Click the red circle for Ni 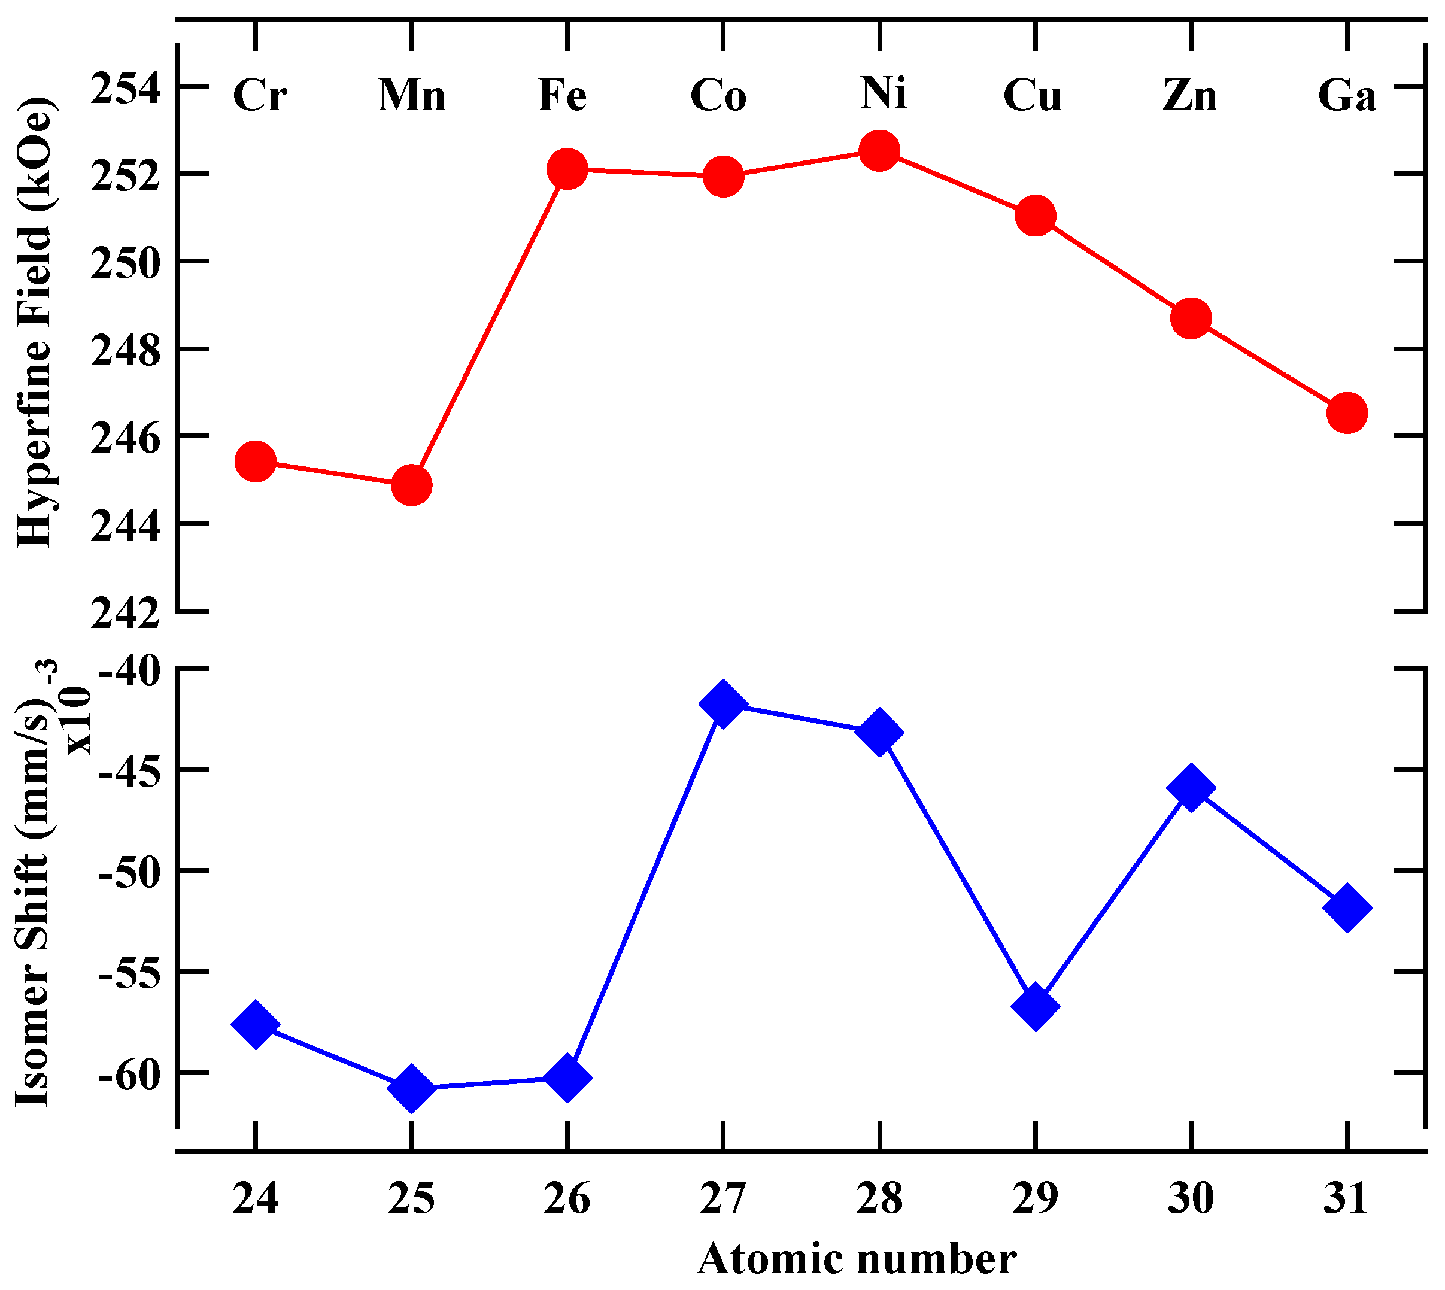pyautogui.click(x=879, y=150)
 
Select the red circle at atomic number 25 pyautogui.click(x=411, y=485)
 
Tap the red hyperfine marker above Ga pyautogui.click(x=1346, y=413)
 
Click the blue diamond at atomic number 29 pyautogui.click(x=1036, y=1006)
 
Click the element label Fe pyautogui.click(x=562, y=95)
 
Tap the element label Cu pyautogui.click(x=1032, y=95)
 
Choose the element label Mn pyautogui.click(x=412, y=95)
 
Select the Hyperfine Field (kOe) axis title pyautogui.click(x=35, y=323)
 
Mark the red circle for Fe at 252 pyautogui.click(x=567, y=169)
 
